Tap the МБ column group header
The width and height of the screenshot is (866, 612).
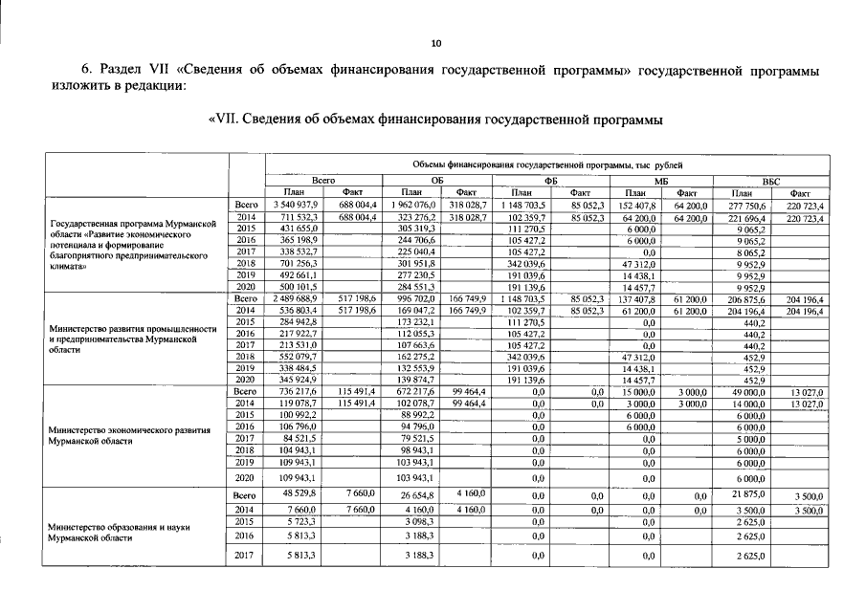(659, 179)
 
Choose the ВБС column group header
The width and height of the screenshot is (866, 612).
(770, 179)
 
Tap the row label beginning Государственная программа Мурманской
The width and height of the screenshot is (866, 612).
(128, 224)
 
